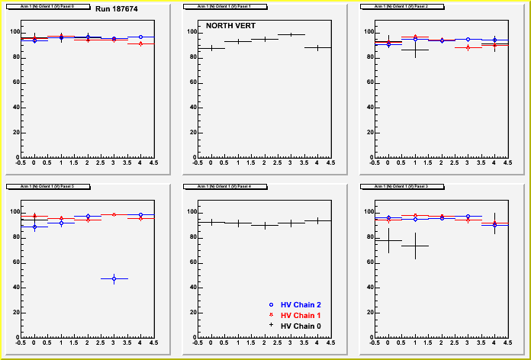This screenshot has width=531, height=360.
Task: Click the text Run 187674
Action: pyautogui.click(x=116, y=8)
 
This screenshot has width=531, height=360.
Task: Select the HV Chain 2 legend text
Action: pyautogui.click(x=301, y=304)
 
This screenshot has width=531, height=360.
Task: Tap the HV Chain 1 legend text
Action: pyautogui.click(x=301, y=315)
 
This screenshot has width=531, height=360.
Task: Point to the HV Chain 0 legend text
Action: pyautogui.click(x=301, y=326)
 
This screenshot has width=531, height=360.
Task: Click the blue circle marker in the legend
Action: pyautogui.click(x=271, y=304)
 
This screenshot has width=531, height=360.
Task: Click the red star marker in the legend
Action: pyautogui.click(x=271, y=315)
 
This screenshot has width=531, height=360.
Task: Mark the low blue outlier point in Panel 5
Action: pyautogui.click(x=114, y=278)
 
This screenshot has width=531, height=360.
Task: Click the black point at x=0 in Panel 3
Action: pyautogui.click(x=388, y=240)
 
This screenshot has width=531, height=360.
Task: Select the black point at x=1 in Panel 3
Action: pyautogui.click(x=415, y=246)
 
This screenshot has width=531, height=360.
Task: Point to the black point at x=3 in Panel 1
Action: pyautogui.click(x=291, y=34)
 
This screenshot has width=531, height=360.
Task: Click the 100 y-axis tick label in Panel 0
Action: pyautogui.click(x=14, y=31)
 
